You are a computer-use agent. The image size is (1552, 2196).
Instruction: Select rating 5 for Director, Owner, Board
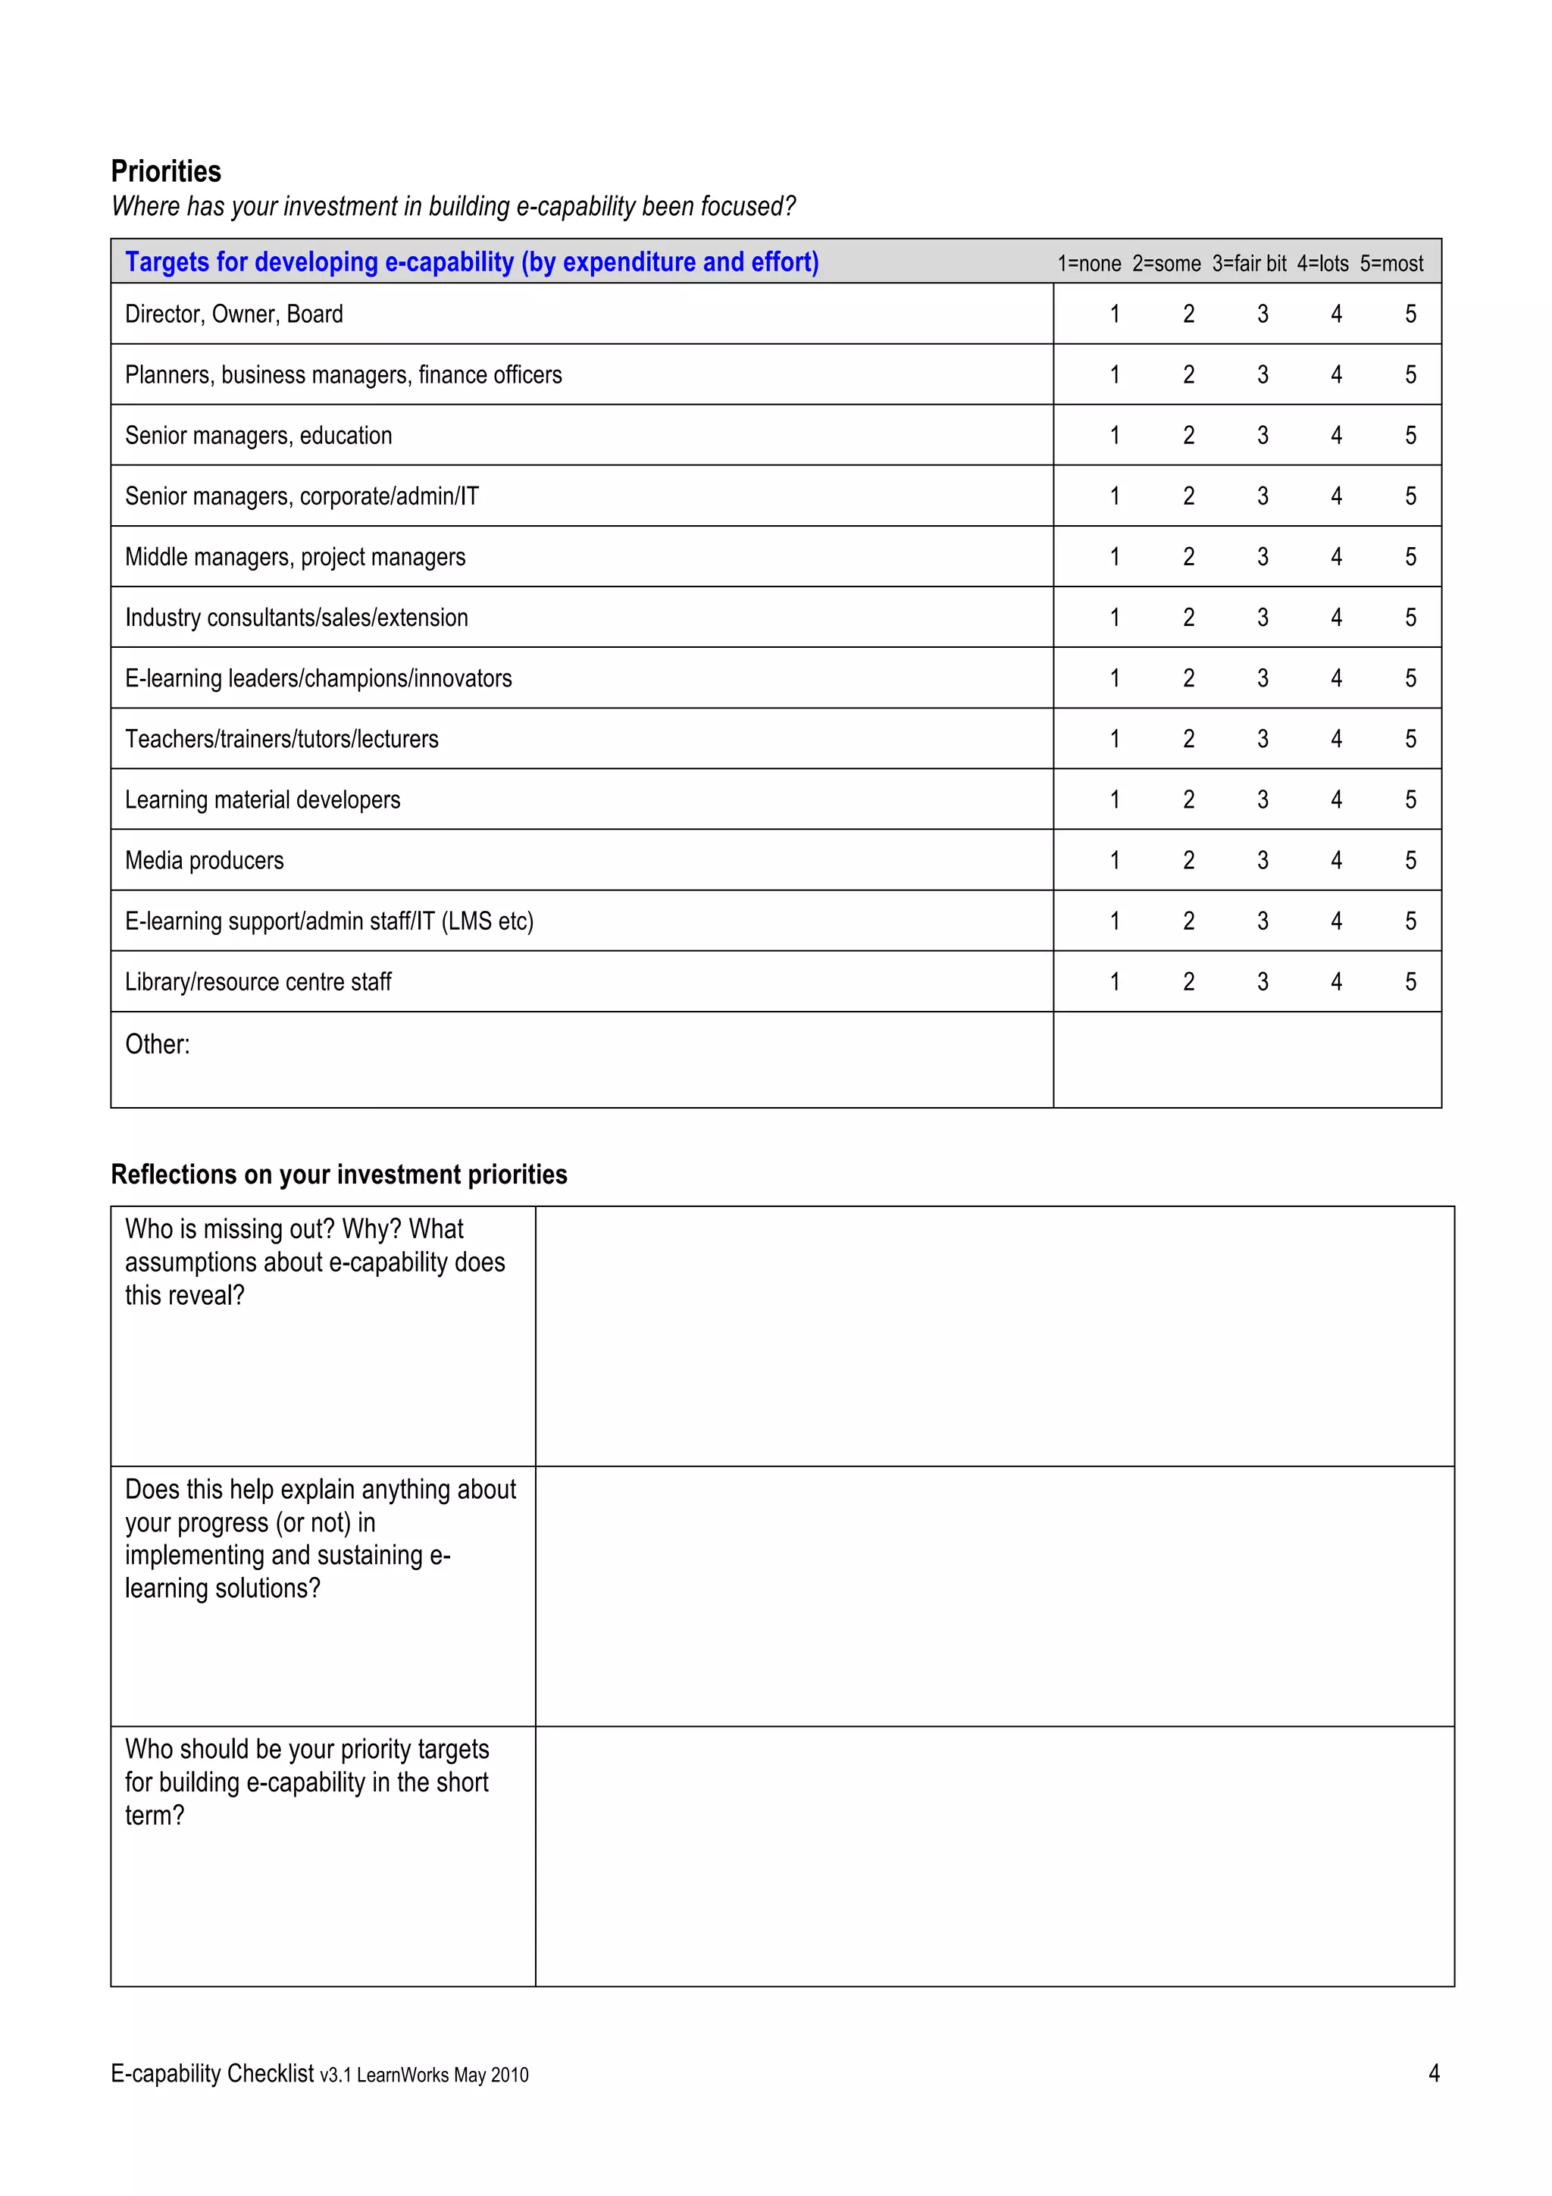pos(1410,314)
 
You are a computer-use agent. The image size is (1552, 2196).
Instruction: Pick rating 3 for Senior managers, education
pos(1263,435)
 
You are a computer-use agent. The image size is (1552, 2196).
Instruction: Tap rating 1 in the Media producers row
pos(1114,860)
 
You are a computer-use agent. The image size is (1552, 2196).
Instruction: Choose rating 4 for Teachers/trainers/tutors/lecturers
pos(1336,738)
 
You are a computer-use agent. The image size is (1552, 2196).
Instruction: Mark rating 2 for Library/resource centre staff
pos(1187,981)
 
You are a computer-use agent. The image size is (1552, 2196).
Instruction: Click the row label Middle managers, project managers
pos(295,557)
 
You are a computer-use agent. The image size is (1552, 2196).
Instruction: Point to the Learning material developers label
pos(262,799)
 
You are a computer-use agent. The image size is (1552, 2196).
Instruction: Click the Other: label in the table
pos(157,1043)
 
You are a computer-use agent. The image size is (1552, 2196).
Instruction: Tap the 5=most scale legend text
pos(1391,263)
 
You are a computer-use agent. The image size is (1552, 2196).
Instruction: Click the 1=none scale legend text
pos(1088,263)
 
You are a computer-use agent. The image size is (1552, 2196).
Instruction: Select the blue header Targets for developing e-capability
pos(471,262)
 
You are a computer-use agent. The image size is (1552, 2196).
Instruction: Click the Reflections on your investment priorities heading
pos(339,1174)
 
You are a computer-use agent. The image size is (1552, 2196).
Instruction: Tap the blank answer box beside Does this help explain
pos(993,1595)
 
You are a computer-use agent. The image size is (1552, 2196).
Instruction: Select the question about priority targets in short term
pos(306,1781)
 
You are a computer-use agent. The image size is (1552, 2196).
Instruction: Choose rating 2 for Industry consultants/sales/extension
pos(1187,617)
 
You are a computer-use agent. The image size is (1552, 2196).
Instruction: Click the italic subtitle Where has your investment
pos(452,207)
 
